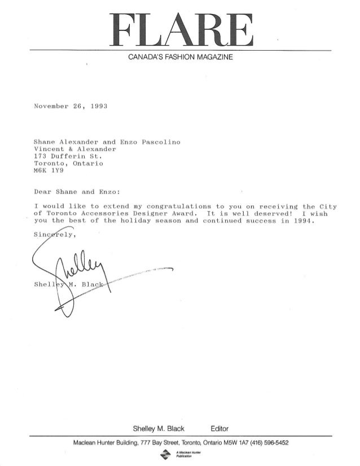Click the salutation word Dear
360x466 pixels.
pyautogui.click(x=43, y=190)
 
